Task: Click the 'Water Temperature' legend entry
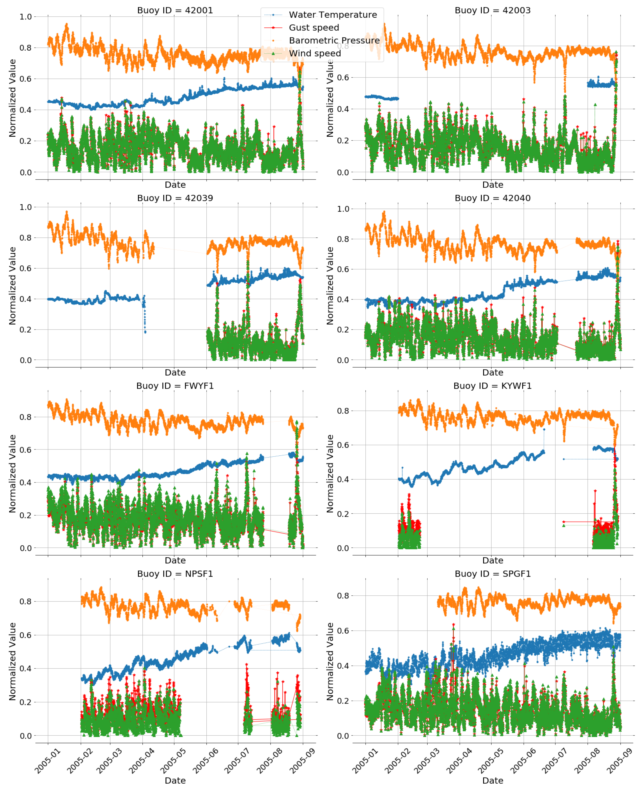(x=333, y=15)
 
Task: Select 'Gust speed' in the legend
(x=314, y=28)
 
